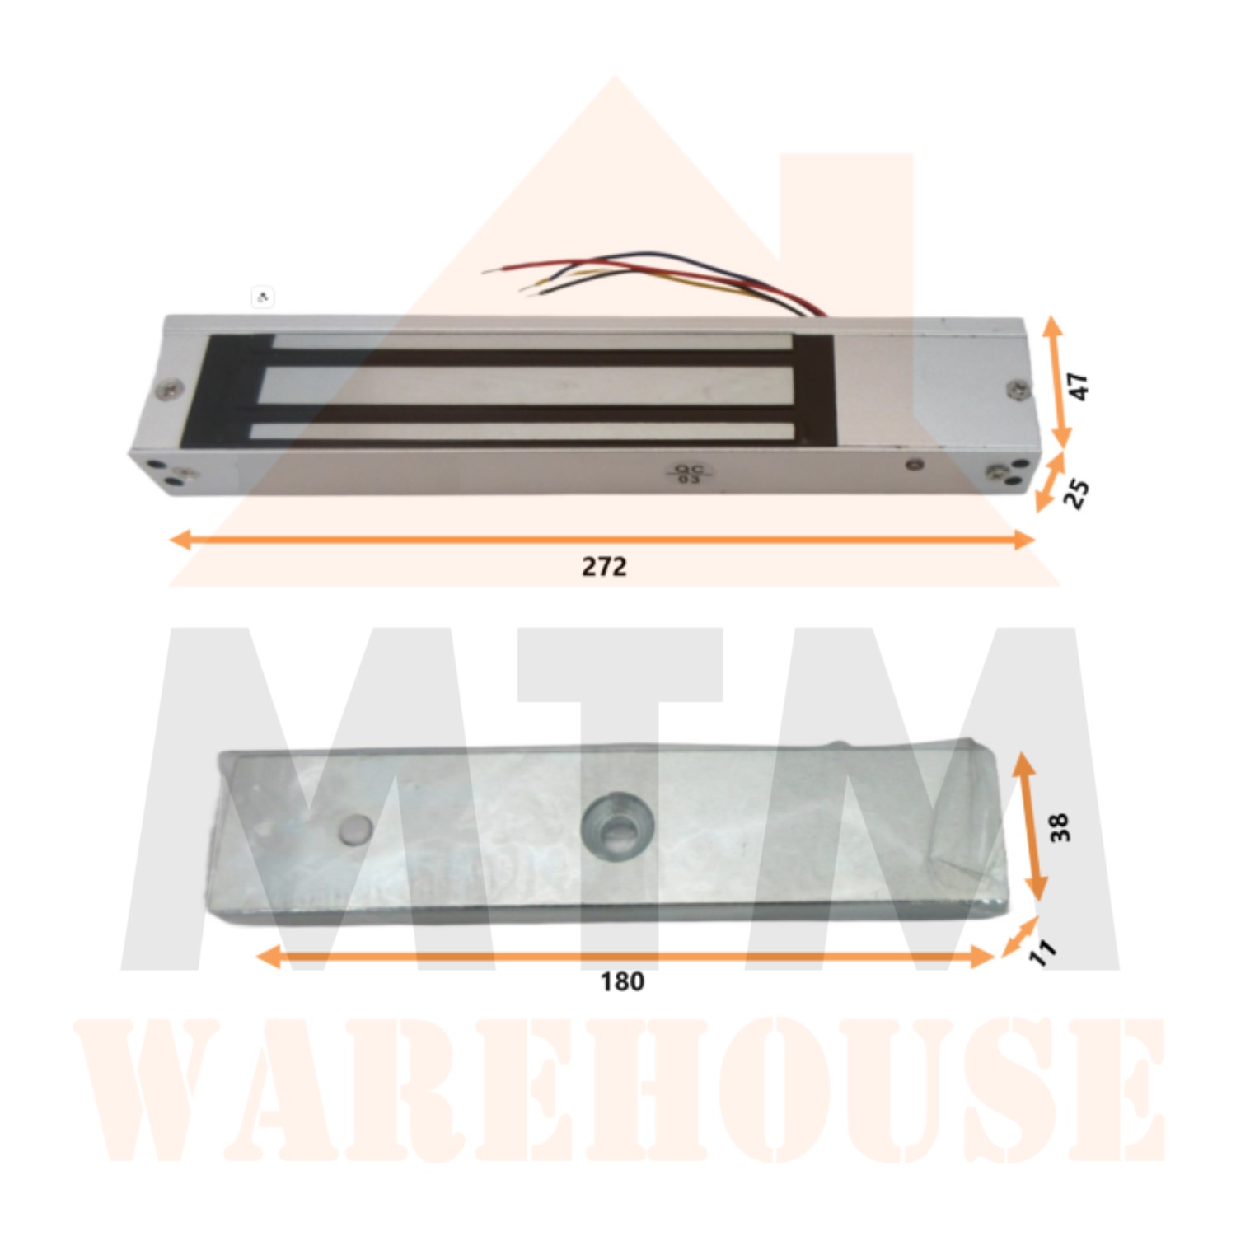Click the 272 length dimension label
pyautogui.click(x=604, y=567)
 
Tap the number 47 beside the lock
pyautogui.click(x=1079, y=386)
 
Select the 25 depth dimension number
pyautogui.click(x=1076, y=493)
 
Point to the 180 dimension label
pyautogui.click(x=622, y=982)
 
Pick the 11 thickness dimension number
pyautogui.click(x=1042, y=953)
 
